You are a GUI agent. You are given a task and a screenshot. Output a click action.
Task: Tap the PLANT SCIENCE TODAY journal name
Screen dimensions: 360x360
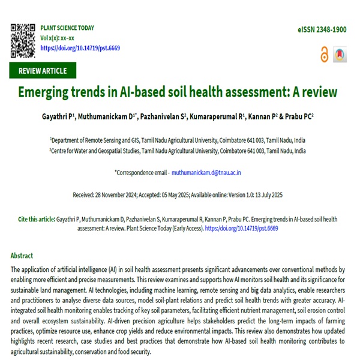pyautogui.click(x=67, y=28)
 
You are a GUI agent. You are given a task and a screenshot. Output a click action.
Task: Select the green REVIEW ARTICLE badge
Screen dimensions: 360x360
pyautogui.click(x=43, y=71)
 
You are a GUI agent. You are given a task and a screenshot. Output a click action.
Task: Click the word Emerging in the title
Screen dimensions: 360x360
pyautogui.click(x=54, y=93)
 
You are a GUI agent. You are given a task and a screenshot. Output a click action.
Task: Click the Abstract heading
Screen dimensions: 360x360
pyautogui.click(x=22, y=255)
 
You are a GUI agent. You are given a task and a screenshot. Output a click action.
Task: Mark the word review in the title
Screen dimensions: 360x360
pyautogui.click(x=318, y=93)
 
